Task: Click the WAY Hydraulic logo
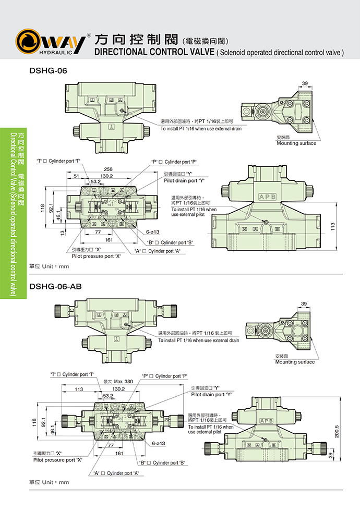[50, 42]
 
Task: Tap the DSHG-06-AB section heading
[56, 286]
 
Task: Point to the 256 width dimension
[108, 169]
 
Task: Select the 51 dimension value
[76, 176]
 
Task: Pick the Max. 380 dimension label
[118, 382]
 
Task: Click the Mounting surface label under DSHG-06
[296, 143]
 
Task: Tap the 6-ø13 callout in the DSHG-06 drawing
[152, 231]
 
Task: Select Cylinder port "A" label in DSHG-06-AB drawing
[116, 473]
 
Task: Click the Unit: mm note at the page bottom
[49, 482]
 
